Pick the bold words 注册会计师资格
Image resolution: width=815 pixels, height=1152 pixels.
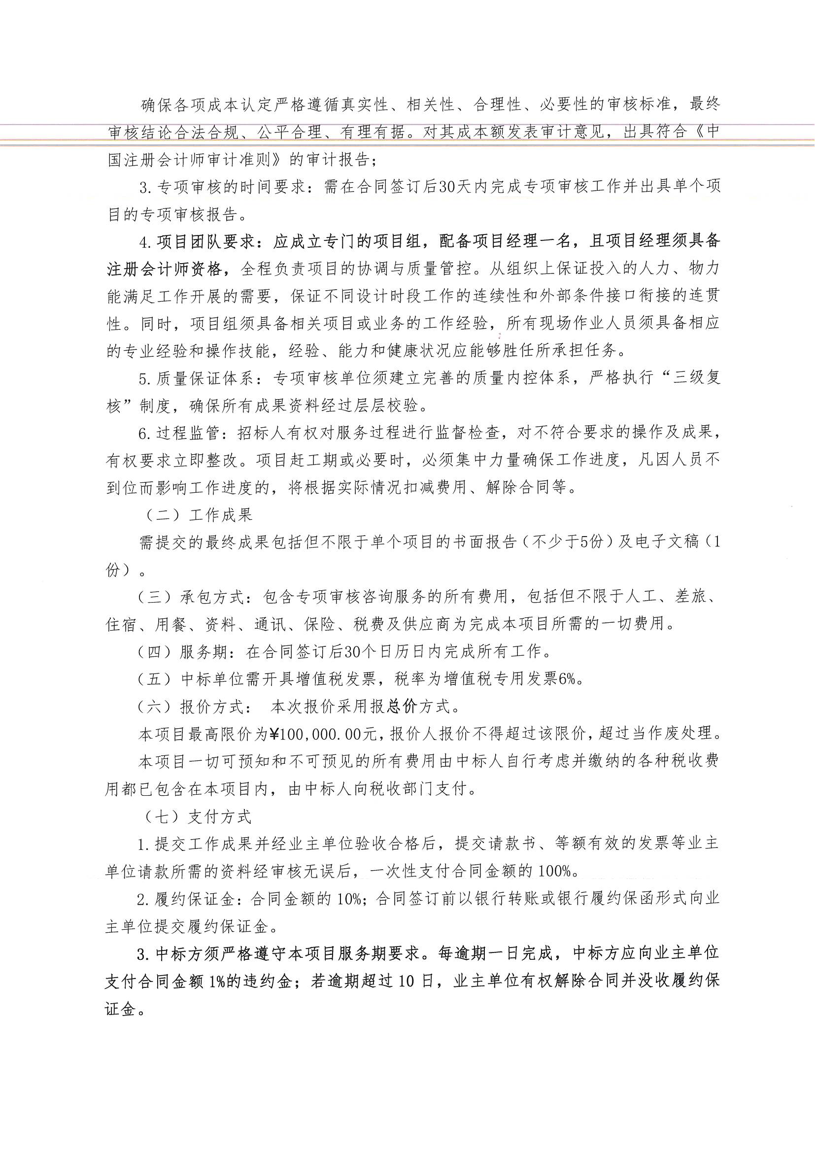[x=165, y=270]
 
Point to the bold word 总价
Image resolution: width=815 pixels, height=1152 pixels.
[x=403, y=707]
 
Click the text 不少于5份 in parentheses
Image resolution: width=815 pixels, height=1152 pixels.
[x=567, y=542]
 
